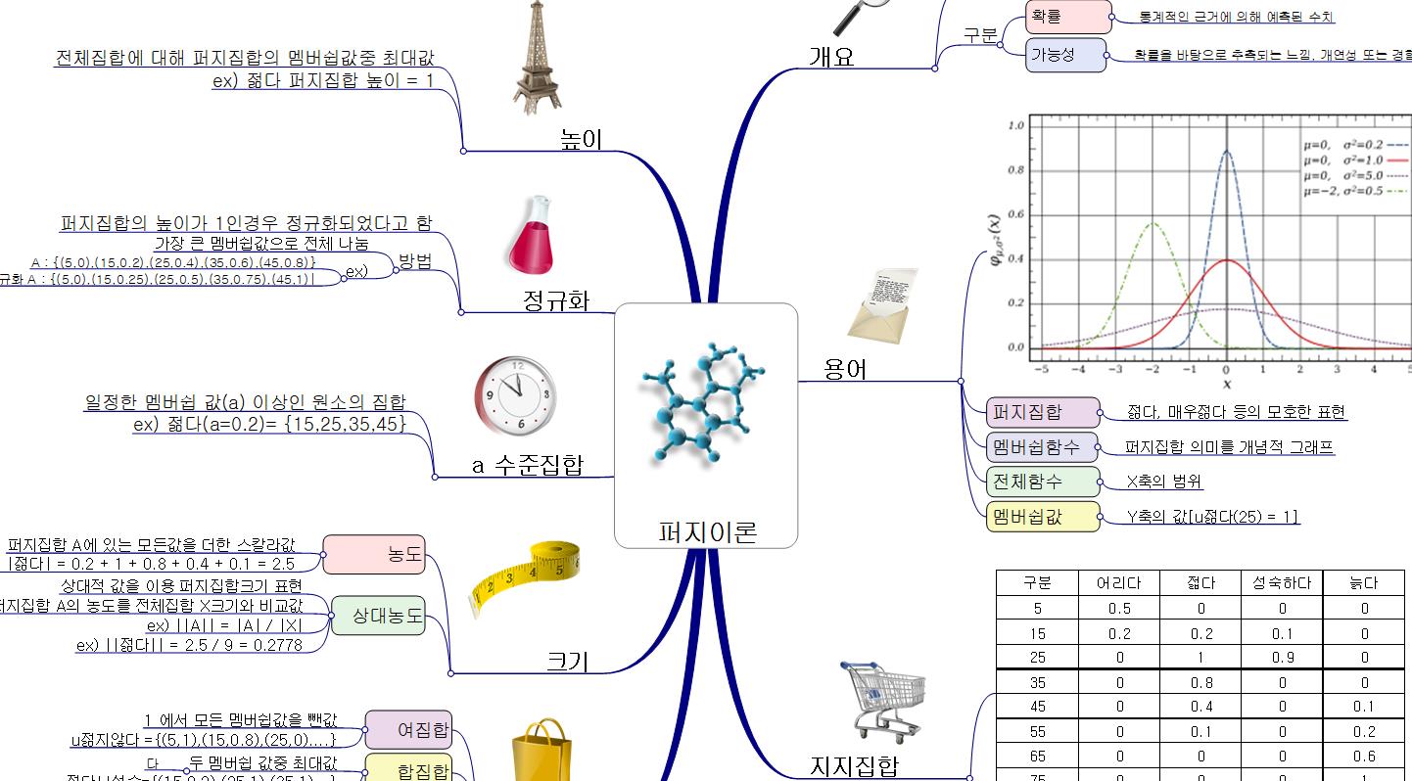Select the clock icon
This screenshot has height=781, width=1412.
point(514,395)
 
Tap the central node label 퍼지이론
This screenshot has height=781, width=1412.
point(707,532)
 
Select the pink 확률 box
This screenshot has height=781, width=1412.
point(1068,17)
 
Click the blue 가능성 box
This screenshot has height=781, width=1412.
point(1065,55)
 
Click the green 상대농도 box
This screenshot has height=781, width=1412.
point(379,616)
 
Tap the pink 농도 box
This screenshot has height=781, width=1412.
point(374,555)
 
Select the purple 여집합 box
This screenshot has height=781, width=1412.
point(408,729)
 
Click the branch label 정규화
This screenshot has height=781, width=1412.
point(556,299)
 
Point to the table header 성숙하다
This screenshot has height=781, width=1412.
point(1281,583)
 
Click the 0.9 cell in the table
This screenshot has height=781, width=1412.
point(1281,658)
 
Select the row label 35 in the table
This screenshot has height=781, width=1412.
point(1037,682)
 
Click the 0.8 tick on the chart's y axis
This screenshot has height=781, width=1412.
point(1015,170)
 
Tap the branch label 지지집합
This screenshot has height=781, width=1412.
point(854,766)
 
